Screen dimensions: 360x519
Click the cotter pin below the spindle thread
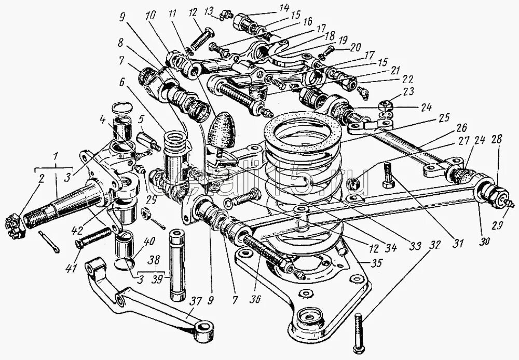(x=49, y=242)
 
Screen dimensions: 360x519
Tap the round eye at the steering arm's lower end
(x=204, y=330)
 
